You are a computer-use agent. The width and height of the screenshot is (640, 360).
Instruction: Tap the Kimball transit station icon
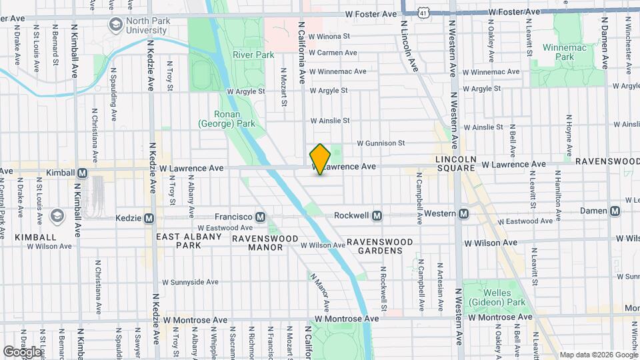(83, 173)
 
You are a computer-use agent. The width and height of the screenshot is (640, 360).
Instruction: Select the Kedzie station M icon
(149, 218)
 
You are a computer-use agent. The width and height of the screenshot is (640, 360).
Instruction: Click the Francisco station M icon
(260, 217)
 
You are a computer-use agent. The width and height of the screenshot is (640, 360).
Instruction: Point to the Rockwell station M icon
(377, 215)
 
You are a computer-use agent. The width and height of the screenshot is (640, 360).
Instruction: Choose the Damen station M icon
(615, 211)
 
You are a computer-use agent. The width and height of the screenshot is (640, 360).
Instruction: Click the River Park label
(249, 55)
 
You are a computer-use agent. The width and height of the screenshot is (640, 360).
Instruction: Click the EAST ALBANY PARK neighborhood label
(189, 241)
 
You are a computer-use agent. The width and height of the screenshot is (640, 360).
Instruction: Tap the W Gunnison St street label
(381, 143)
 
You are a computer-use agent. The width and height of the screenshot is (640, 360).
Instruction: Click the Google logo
(22, 351)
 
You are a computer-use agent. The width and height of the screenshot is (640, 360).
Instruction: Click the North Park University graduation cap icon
(117, 25)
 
